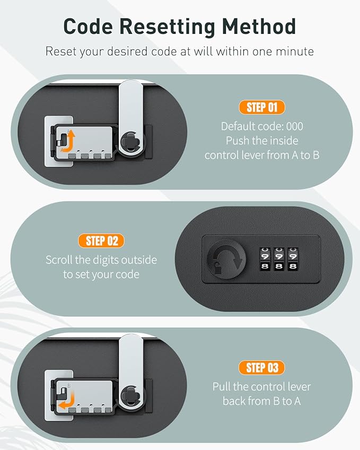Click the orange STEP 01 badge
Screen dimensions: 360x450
pyautogui.click(x=262, y=108)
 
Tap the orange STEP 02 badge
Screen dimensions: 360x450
pyautogui.click(x=101, y=241)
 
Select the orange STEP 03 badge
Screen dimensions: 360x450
pyautogui.click(x=261, y=368)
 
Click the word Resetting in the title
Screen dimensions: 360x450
pyautogui.click(x=167, y=27)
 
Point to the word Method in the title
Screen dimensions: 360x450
pyautogui.click(x=259, y=27)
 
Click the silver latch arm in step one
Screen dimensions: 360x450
pyautogui.click(x=130, y=118)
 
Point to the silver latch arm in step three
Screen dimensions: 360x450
pyautogui.click(x=130, y=373)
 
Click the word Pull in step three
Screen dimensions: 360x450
pyautogui.click(x=222, y=387)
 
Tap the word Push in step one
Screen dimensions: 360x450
pyautogui.click(x=236, y=140)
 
